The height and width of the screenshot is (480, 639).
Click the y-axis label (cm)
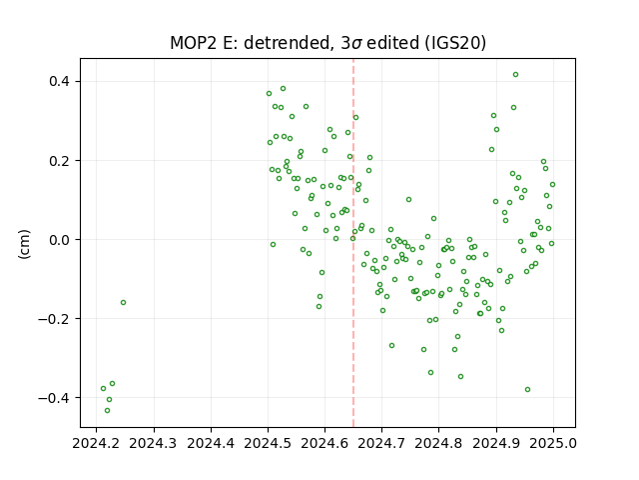[24, 244]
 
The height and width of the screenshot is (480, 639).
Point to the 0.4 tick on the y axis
[59, 81]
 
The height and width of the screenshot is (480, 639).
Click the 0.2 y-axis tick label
[59, 160]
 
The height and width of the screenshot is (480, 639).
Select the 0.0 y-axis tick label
[59, 240]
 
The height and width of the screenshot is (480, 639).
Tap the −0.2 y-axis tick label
[54, 318]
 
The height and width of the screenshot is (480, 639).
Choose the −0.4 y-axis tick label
[54, 398]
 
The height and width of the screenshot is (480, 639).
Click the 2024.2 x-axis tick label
[96, 443]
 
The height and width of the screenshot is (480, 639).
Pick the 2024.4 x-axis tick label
[211, 443]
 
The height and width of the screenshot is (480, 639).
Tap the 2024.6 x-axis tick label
[324, 443]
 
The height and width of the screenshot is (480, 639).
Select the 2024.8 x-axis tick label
[438, 443]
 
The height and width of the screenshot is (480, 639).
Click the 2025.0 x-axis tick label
[553, 443]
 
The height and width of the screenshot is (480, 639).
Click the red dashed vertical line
[353, 243]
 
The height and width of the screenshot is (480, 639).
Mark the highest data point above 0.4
[515, 75]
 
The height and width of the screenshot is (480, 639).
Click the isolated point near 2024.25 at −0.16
[123, 302]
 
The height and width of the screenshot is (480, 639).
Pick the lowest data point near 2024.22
[107, 411]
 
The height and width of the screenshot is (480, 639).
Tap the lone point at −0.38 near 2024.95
[527, 389]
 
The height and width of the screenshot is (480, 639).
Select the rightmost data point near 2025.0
[552, 184]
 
